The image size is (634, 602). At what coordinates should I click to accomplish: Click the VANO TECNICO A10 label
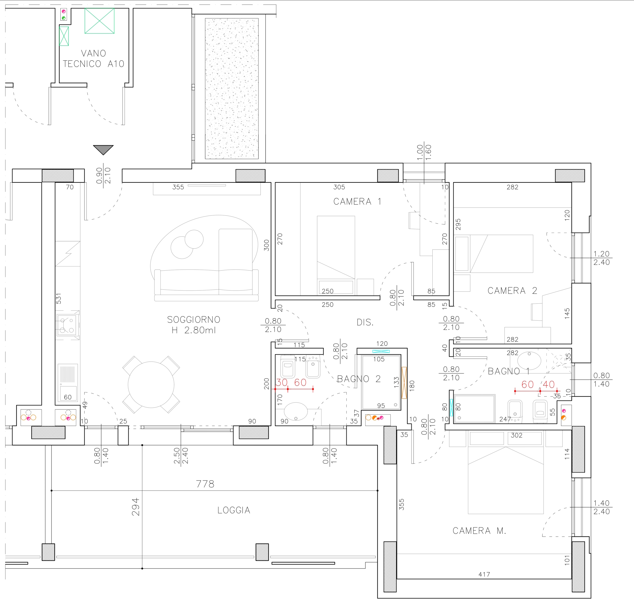pyautogui.click(x=93, y=58)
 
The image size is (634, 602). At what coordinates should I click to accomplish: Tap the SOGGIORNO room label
pyautogui.click(x=194, y=320)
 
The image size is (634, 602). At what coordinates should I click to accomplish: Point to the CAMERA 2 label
pyautogui.click(x=512, y=291)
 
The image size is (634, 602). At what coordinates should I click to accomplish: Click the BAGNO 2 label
pyautogui.click(x=359, y=379)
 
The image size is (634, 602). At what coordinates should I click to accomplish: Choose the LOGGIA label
pyautogui.click(x=234, y=510)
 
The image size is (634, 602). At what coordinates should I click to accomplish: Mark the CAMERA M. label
pyautogui.click(x=479, y=531)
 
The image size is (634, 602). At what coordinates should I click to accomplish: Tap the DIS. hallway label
pyautogui.click(x=365, y=322)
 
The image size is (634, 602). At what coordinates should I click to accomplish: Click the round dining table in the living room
pyautogui.click(x=151, y=384)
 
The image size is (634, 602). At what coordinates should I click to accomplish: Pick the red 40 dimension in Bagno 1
pyautogui.click(x=549, y=384)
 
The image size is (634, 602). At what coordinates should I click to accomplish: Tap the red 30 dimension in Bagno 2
pyautogui.click(x=282, y=382)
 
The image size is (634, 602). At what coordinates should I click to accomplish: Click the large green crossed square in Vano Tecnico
pyautogui.click(x=99, y=21)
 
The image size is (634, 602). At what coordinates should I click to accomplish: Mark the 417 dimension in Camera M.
pyautogui.click(x=484, y=574)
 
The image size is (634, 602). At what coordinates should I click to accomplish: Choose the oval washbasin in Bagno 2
pyautogui.click(x=296, y=411)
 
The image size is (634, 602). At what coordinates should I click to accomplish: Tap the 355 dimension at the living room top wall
pyautogui.click(x=178, y=187)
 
